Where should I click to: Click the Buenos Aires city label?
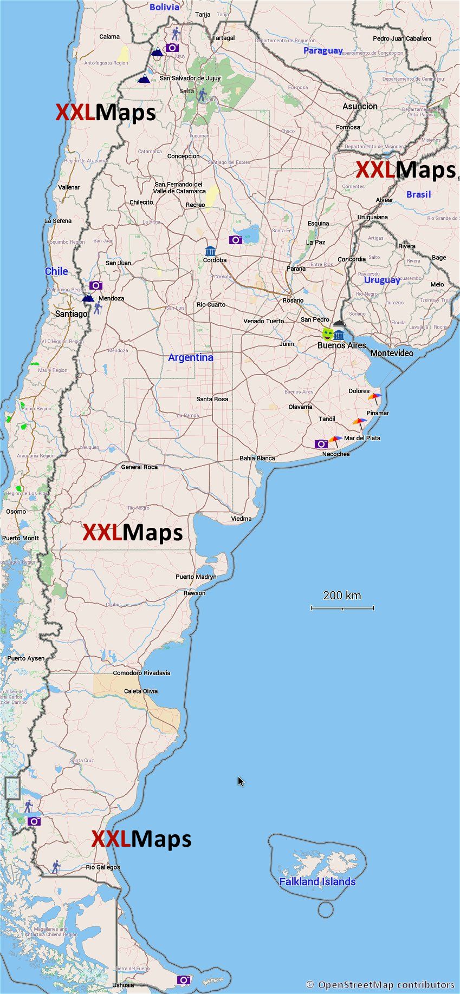click(341, 345)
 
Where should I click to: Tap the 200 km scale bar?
click(342, 608)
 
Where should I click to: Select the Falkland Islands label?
click(318, 882)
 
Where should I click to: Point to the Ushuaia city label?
click(123, 985)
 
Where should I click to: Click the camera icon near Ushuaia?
click(184, 980)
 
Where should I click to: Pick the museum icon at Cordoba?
click(210, 251)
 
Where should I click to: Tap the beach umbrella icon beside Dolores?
click(374, 398)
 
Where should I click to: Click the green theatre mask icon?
click(327, 333)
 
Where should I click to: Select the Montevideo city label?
click(392, 353)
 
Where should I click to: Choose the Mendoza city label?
click(112, 298)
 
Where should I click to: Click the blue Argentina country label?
click(191, 357)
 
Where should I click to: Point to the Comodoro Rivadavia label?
click(141, 673)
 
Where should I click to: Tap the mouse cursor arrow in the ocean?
click(241, 781)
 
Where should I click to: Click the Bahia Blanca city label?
click(257, 458)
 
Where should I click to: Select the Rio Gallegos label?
click(103, 867)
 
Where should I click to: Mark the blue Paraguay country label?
click(323, 50)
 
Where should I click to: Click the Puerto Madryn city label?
click(196, 577)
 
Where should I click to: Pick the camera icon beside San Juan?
click(96, 285)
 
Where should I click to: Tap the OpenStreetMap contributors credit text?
click(380, 984)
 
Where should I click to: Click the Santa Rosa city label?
click(212, 399)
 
